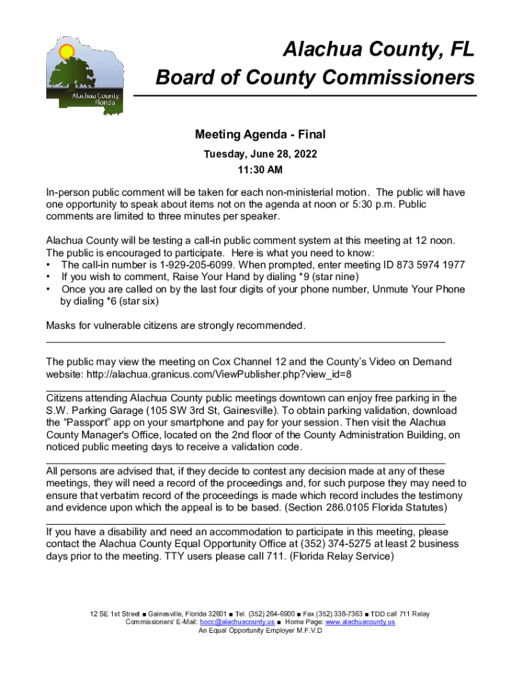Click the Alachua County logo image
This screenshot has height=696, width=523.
pyautogui.click(x=84, y=74)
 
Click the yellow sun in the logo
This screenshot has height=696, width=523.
pyautogui.click(x=66, y=52)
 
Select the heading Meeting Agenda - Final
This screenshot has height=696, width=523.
pyautogui.click(x=261, y=135)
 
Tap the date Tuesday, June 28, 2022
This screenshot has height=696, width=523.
pyautogui.click(x=261, y=154)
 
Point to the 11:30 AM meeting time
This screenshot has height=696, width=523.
pyautogui.click(x=261, y=169)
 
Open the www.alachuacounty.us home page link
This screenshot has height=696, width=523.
pyautogui.click(x=360, y=623)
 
